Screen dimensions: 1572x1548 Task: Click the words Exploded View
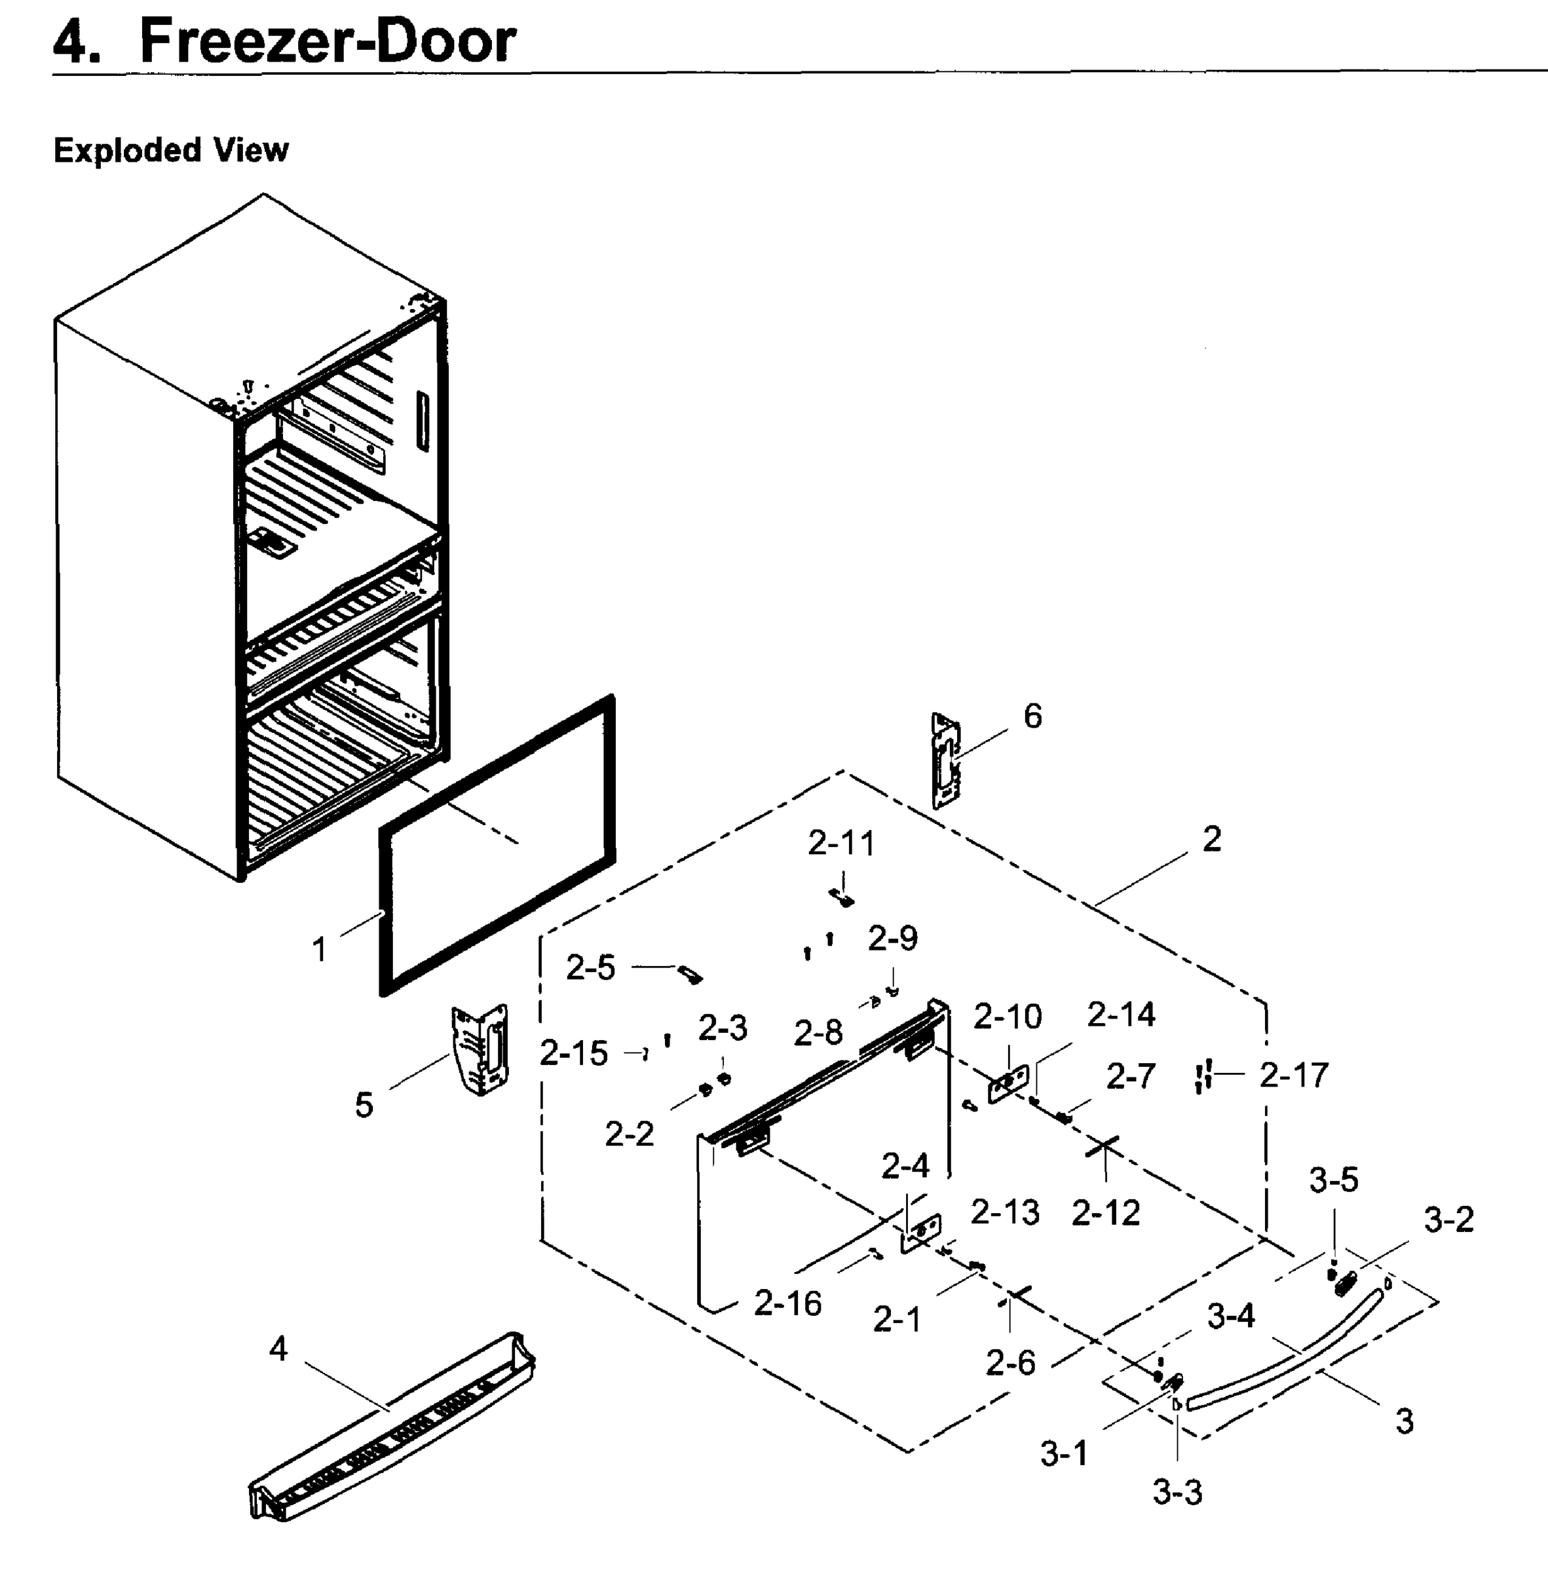[x=171, y=151]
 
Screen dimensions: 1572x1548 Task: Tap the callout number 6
[x=1032, y=716]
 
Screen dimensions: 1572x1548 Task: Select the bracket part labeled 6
[x=945, y=762]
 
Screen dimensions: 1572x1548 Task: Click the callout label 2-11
[x=842, y=844]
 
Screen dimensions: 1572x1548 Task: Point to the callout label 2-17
[x=1294, y=1076]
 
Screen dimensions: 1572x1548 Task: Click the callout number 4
[x=278, y=1349]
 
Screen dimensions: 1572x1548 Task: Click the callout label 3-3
[x=1177, y=1492]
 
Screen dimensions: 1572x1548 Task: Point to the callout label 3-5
[x=1333, y=1180]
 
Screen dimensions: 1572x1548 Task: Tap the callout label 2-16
[x=787, y=1303]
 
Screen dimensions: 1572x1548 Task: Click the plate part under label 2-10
[x=1008, y=1083]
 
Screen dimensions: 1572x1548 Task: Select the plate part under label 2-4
[x=920, y=1233]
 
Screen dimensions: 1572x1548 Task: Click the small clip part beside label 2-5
[x=691, y=975]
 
